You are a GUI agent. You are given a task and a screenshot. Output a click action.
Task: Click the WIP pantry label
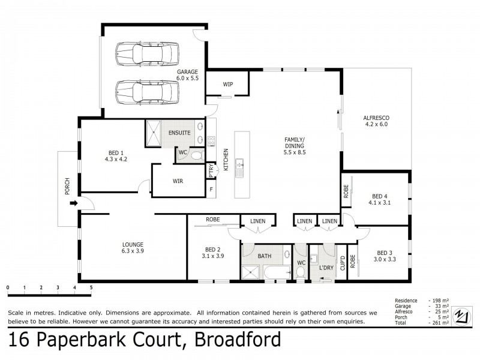coord(228,85)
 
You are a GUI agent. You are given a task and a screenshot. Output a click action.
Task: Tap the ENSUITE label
coord(179,133)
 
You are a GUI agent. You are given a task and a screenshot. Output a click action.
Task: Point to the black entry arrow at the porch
coord(74,203)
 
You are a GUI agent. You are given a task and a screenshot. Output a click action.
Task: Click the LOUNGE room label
coord(132,248)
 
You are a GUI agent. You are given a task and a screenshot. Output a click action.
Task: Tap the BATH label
coord(265,256)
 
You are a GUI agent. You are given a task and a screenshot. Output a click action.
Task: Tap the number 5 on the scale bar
coord(91,287)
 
